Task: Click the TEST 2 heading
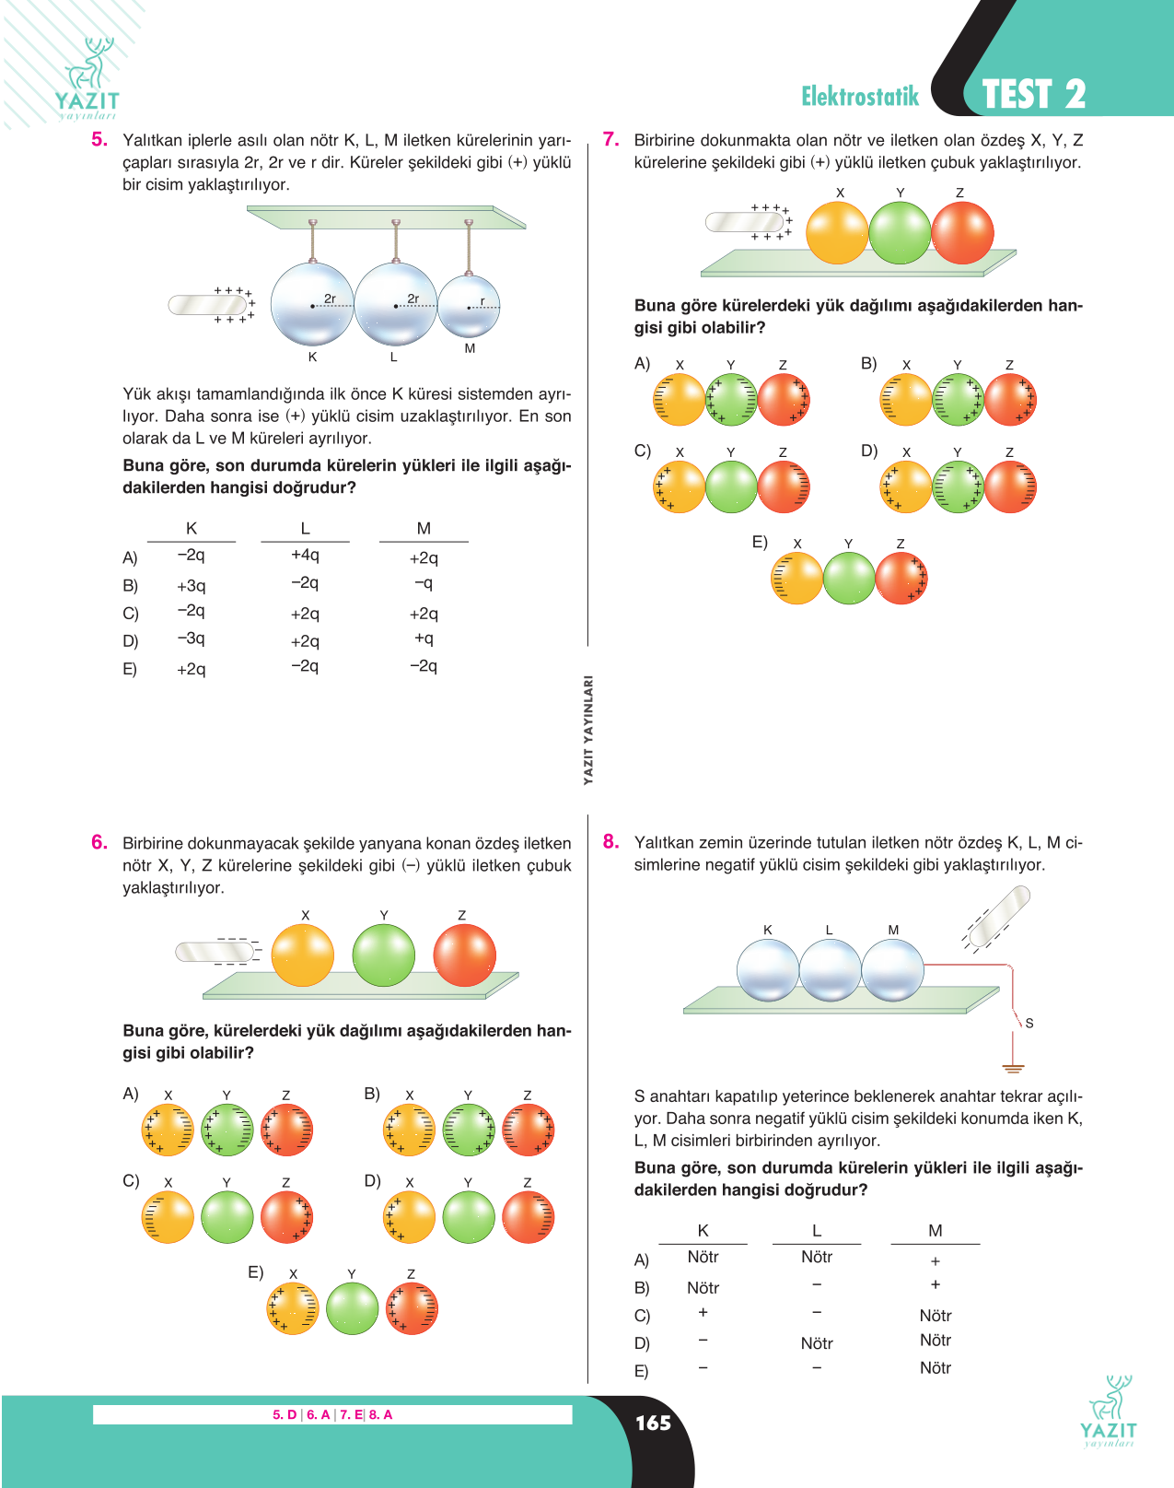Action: pyautogui.click(x=1034, y=94)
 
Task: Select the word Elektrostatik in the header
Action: pyautogui.click(x=860, y=96)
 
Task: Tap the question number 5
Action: pyautogui.click(x=99, y=139)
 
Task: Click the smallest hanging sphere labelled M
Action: pyautogui.click(x=470, y=306)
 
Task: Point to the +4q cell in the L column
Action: pyautogui.click(x=305, y=555)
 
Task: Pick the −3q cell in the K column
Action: pyautogui.click(x=191, y=638)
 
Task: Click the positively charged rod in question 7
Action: pyautogui.click(x=745, y=222)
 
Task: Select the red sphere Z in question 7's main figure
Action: pyautogui.click(x=962, y=233)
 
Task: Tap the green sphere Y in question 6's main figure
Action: pyautogui.click(x=383, y=955)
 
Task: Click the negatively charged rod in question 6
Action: pyautogui.click(x=215, y=952)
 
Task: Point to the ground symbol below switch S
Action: pyautogui.click(x=1013, y=1068)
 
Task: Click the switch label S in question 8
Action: pyautogui.click(x=1029, y=1024)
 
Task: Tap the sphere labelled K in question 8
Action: pyautogui.click(x=768, y=970)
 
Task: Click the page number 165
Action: pyautogui.click(x=653, y=1423)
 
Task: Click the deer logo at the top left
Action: pyautogui.click(x=87, y=77)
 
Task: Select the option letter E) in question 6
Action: pyautogui.click(x=256, y=1272)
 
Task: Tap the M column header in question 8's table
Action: pyautogui.click(x=935, y=1230)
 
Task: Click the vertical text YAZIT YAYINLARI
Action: pyautogui.click(x=588, y=730)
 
